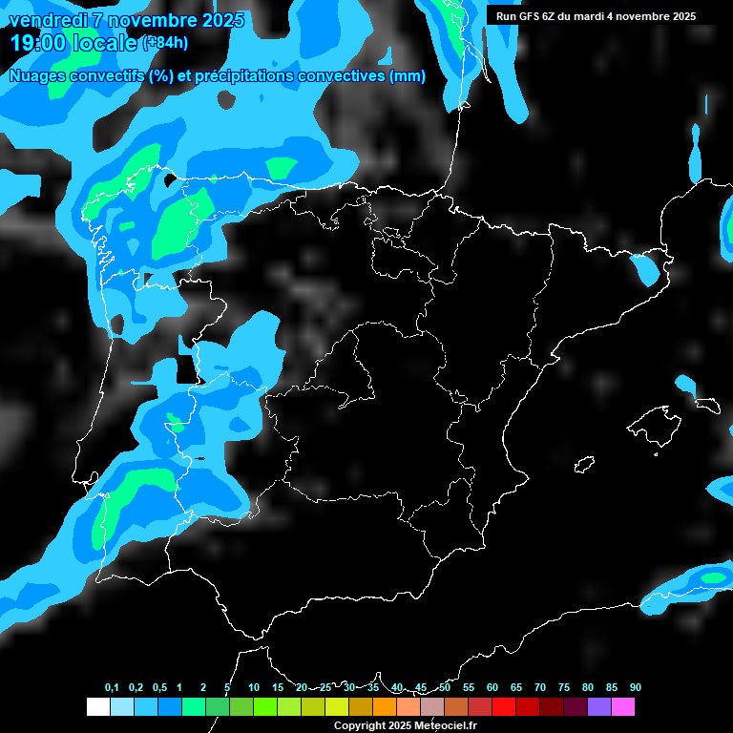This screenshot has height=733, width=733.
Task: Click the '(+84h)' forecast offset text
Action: tap(165, 43)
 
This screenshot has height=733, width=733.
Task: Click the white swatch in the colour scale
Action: tap(97, 707)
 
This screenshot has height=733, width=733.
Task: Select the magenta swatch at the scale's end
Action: tap(623, 707)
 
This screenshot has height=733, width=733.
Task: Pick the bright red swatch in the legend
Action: tap(504, 707)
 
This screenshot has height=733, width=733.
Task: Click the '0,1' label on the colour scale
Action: tap(112, 688)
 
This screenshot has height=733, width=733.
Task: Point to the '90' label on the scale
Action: tap(635, 688)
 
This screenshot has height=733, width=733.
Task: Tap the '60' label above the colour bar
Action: tap(492, 688)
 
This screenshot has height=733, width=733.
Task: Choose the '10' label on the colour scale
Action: tap(254, 688)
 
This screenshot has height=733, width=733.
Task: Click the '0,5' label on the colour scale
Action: tap(159, 688)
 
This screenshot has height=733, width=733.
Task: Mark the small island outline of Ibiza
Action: tap(584, 465)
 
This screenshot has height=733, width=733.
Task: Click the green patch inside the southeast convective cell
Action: tap(713, 577)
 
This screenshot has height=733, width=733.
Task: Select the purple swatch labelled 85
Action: tap(599, 707)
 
